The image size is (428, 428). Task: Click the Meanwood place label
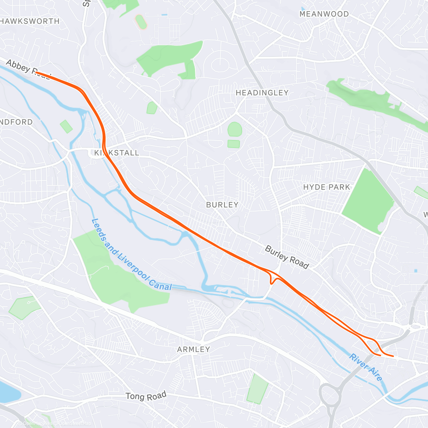coord(324,14)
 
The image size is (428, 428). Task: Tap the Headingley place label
coord(262,93)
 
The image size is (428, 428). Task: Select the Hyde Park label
coord(326,187)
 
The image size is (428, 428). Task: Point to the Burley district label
coord(222,205)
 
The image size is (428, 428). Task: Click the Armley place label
coord(194,350)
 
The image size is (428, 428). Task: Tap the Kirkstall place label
coord(117,153)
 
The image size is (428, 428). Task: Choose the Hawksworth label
coord(30,21)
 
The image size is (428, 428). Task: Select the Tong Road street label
coord(146,396)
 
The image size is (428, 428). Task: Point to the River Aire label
coord(366,367)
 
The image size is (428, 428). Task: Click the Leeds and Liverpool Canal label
coord(131,255)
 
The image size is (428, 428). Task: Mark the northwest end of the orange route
coord(36,72)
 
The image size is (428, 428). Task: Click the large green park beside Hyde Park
coord(367,202)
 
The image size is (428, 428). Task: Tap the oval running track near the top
coord(141,22)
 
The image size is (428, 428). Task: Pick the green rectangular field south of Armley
coord(258,389)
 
